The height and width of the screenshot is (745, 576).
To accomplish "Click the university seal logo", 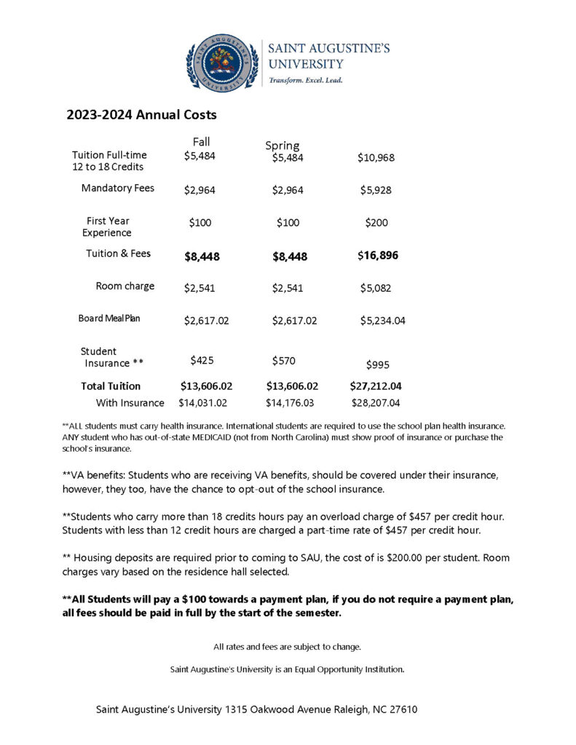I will pyautogui.click(x=222, y=62).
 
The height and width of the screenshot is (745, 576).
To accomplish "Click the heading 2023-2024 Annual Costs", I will pyautogui.click(x=141, y=115).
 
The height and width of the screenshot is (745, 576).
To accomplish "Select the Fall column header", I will pyautogui.click(x=202, y=141).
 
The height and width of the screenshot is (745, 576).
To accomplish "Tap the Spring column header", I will pyautogui.click(x=282, y=146).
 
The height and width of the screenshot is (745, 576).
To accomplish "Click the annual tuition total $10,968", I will pyautogui.click(x=376, y=157).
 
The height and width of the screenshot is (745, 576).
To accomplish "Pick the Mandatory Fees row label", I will pyautogui.click(x=118, y=188).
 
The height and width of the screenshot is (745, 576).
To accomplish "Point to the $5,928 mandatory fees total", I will pyautogui.click(x=376, y=190).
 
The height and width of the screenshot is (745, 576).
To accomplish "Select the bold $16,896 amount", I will pyautogui.click(x=378, y=255).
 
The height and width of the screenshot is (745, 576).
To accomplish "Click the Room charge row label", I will pyautogui.click(x=125, y=286).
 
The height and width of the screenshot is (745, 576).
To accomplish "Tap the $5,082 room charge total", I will pyautogui.click(x=376, y=288).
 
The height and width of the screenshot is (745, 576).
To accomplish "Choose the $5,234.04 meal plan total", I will pyautogui.click(x=383, y=320).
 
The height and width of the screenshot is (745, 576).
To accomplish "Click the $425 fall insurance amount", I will pyautogui.click(x=202, y=359).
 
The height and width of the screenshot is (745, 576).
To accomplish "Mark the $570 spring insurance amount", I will pyautogui.click(x=284, y=360).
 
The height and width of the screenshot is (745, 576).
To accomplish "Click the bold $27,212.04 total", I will pyautogui.click(x=376, y=386).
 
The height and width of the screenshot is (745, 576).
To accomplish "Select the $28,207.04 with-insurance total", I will pyautogui.click(x=376, y=402).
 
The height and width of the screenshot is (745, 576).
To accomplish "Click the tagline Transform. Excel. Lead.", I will pyautogui.click(x=306, y=80).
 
